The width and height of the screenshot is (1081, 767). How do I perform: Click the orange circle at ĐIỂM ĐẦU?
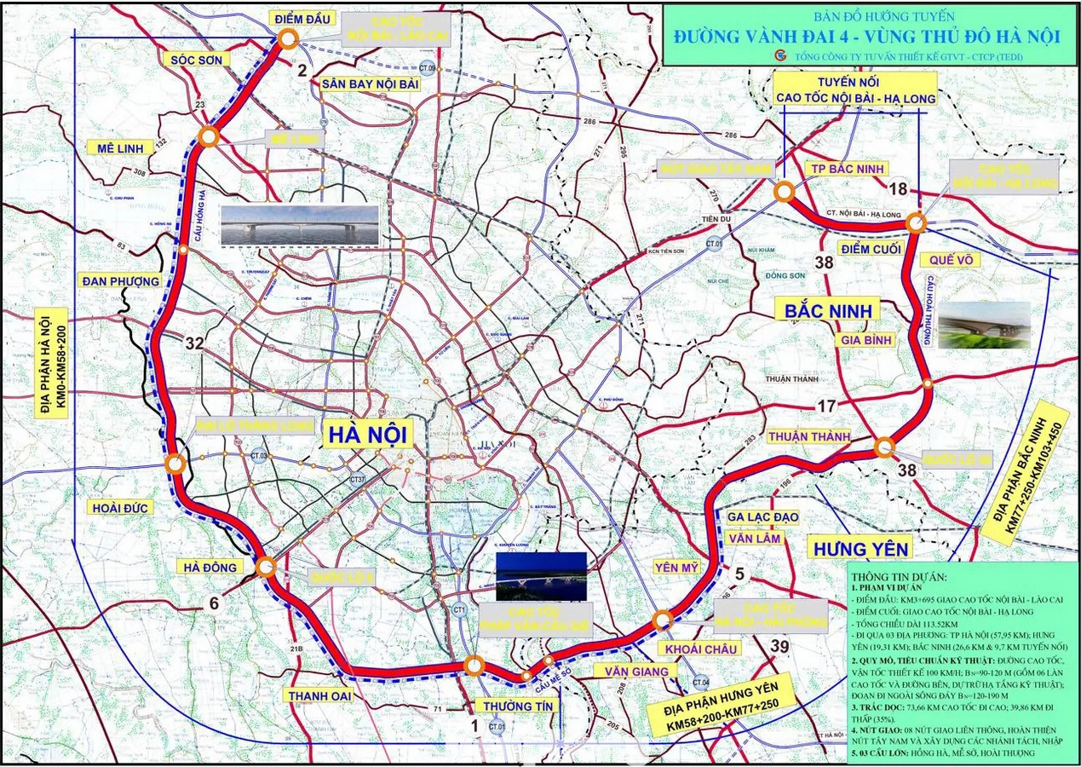point(288,37)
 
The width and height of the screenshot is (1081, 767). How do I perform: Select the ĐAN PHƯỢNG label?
point(120,280)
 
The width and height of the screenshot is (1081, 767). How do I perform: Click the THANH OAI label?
point(319,695)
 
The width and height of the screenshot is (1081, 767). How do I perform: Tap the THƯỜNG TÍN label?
point(518,706)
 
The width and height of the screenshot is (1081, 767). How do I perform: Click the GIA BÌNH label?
point(865,340)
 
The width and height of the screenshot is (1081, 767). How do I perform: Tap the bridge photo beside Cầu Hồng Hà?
point(299,226)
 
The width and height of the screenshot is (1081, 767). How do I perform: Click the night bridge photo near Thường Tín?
point(541,577)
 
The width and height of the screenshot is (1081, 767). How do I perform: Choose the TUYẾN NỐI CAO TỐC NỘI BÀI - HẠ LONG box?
point(855,89)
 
